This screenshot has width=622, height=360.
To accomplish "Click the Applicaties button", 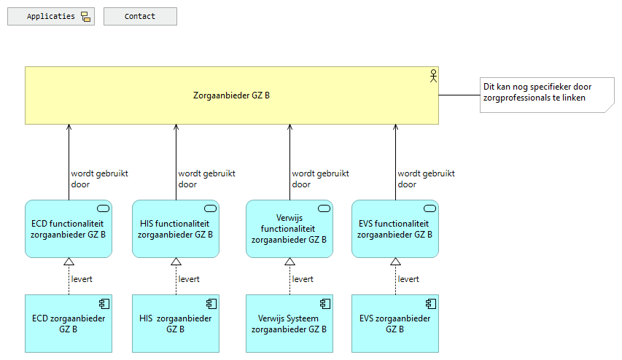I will click(51, 17).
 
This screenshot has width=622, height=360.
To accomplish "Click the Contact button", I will click(140, 17).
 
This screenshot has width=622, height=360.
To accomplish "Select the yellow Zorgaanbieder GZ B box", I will click(231, 95).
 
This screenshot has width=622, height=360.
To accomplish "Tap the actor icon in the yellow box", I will click(432, 75).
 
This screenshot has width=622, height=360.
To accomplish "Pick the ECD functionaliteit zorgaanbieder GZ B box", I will click(68, 229).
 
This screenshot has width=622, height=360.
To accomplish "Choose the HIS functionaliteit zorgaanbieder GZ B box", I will click(175, 229).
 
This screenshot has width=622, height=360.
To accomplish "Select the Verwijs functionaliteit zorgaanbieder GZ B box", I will click(289, 229).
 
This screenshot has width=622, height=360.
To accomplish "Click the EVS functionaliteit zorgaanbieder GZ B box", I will click(394, 229).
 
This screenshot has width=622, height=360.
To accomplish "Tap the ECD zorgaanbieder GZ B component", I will click(68, 324).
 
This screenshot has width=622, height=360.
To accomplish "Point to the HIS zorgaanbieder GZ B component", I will click(175, 324).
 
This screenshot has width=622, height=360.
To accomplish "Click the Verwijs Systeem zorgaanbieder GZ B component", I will click(289, 324).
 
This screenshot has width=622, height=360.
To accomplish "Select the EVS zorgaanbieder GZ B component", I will click(394, 324).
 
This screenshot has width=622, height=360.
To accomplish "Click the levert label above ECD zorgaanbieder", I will click(82, 279).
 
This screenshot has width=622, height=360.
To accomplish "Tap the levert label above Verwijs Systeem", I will click(303, 279).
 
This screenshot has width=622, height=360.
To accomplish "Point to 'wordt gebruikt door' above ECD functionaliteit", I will click(99, 179).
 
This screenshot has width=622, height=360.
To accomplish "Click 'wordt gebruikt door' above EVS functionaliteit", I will click(426, 179).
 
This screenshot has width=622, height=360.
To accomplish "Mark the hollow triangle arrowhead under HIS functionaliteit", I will click(176, 262).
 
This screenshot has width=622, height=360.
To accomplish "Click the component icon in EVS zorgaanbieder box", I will click(430, 304).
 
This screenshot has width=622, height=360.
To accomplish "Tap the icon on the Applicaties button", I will click(85, 17).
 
